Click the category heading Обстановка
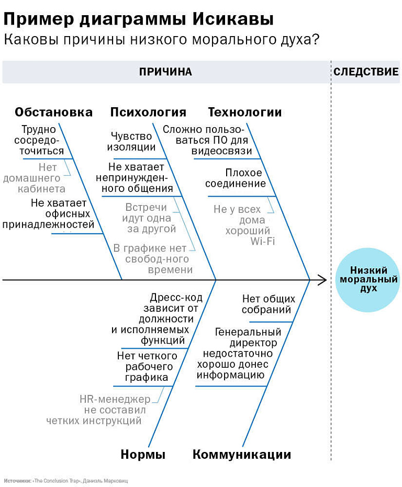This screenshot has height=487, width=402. coord(53,112)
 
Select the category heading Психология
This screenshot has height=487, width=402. coord(148,112)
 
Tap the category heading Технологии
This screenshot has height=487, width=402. coord(245,112)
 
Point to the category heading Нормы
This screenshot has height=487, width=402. coord(143,455)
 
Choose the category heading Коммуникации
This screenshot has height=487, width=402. coord(242,455)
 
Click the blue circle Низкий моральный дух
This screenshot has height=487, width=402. coord(368,279)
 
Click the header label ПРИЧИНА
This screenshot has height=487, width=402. coord(165,72)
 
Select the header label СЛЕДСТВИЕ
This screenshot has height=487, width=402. coord(366,72)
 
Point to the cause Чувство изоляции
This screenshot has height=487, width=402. coord(131,141)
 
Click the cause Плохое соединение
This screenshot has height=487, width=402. coord(236,178)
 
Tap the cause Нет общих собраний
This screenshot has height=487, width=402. coord(269,304)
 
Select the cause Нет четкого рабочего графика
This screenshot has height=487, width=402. coord(147,367)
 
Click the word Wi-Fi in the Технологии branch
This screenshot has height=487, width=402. coord(263,241)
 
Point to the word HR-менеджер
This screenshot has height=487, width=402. coord(115,399)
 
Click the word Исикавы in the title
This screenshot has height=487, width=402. coord(233,19)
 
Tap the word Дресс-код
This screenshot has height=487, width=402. coord(176,298)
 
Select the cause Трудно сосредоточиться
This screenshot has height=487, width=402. coord(39,140)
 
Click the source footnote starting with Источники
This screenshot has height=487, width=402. coord(66,481)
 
